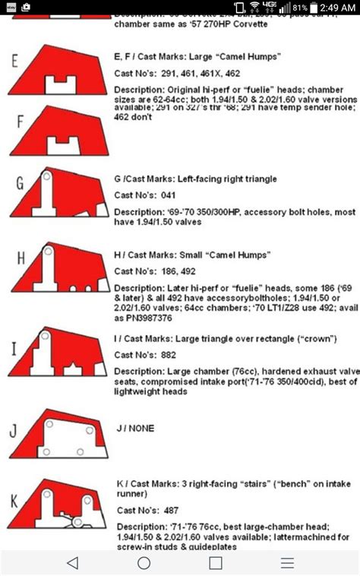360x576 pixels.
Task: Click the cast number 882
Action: [x=171, y=354]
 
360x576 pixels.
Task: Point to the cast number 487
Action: [x=171, y=510]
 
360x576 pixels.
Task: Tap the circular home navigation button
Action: [x=144, y=562]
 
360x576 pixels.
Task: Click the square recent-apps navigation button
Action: [x=216, y=562]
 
